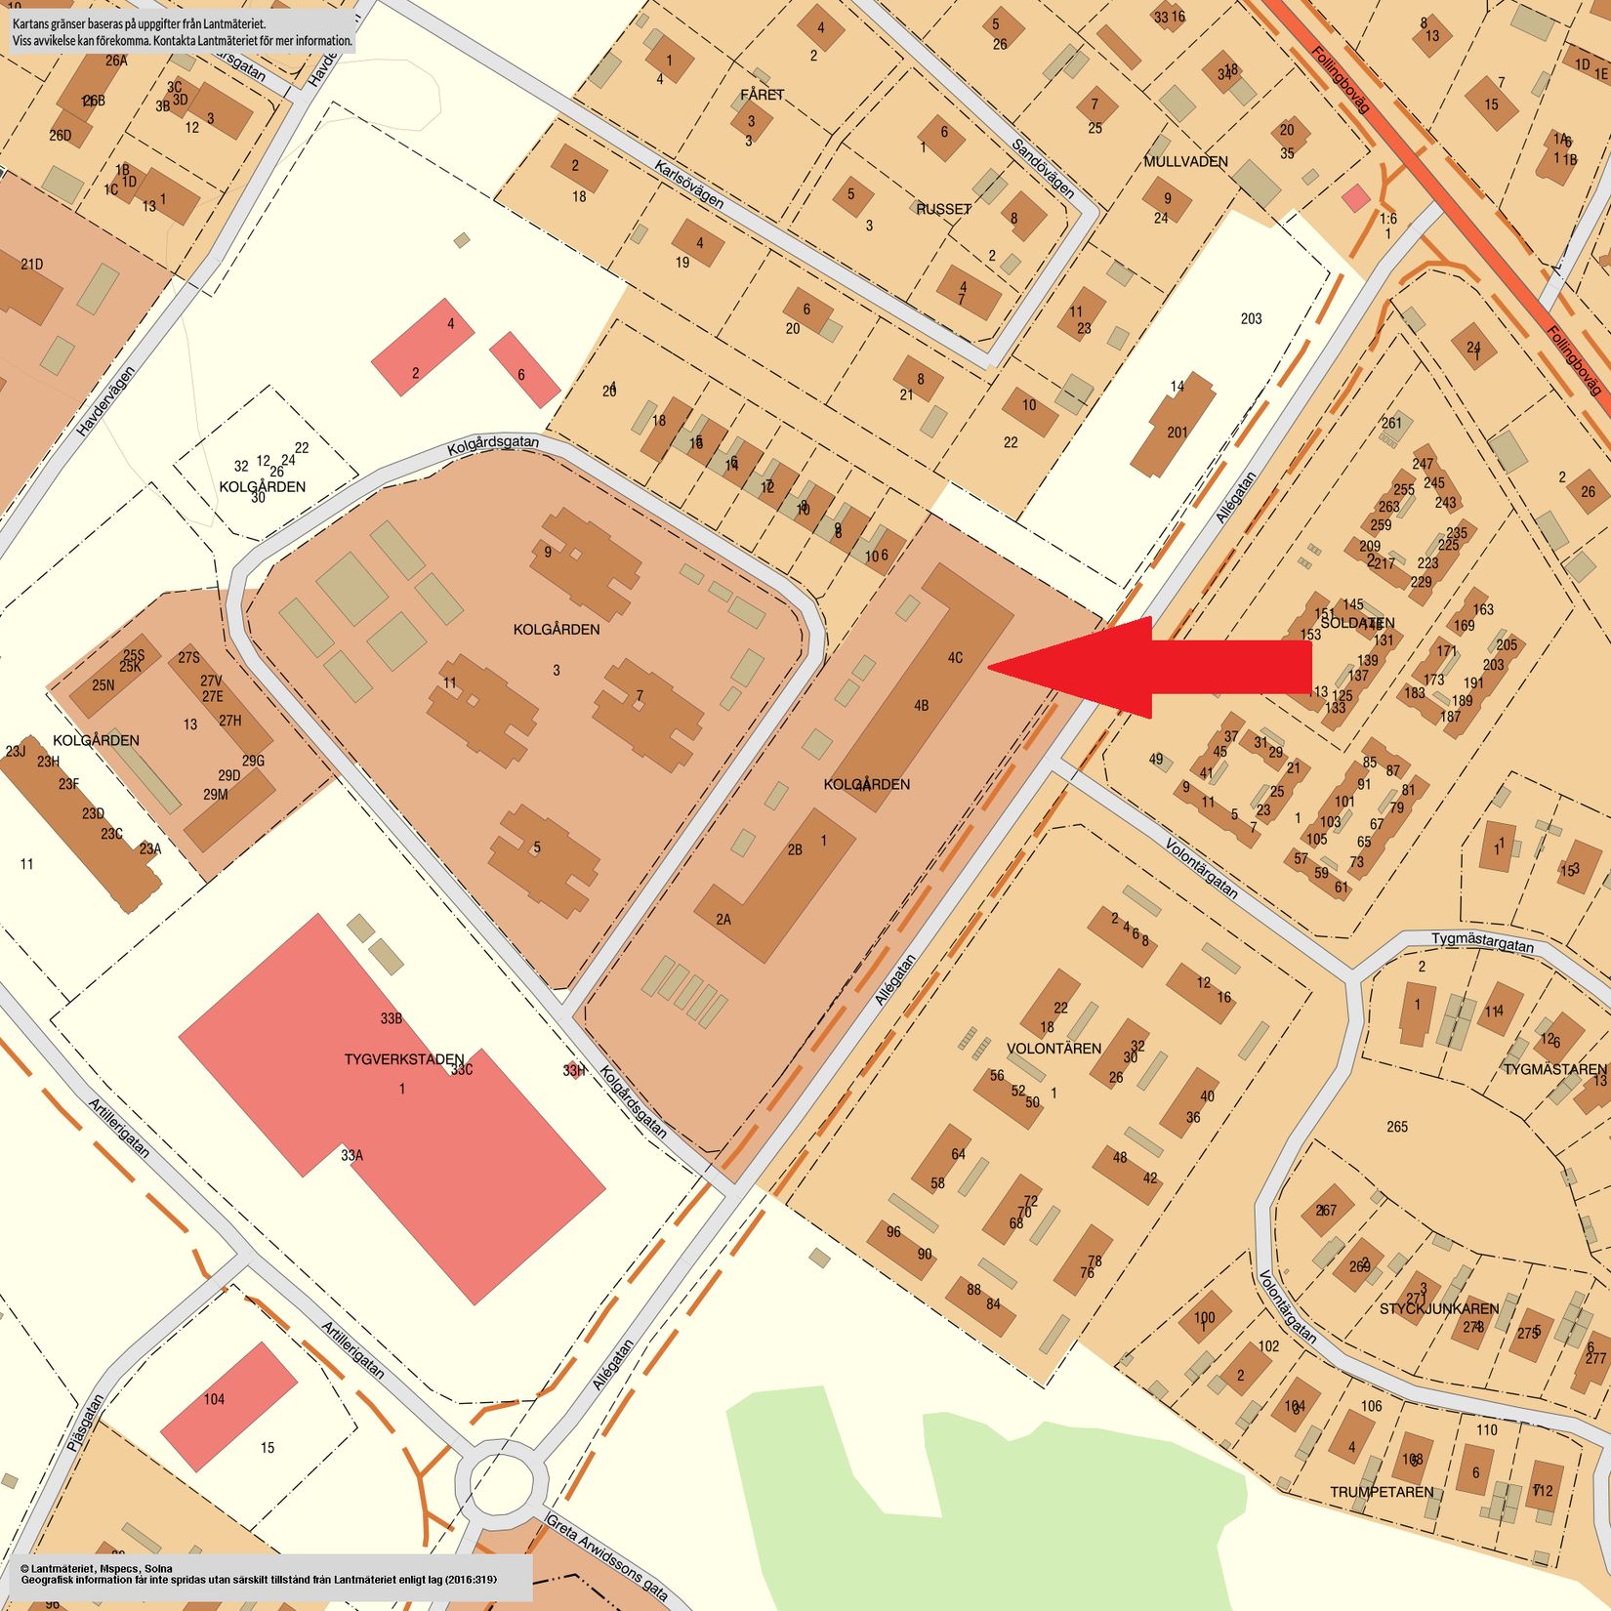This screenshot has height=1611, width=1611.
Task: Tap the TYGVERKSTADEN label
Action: pos(403,1059)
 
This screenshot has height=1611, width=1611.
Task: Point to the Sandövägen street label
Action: pos(1043,168)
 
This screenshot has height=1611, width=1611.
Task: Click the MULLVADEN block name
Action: pos(1185,162)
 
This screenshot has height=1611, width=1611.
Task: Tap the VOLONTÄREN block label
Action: pos(1053,1049)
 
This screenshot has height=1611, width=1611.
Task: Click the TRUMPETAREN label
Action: pos(1382,1492)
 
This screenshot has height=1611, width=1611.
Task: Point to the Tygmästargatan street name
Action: pos(1482,942)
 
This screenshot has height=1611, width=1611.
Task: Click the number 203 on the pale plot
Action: pos(1251,318)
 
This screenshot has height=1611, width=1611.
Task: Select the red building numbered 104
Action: pos(227,1406)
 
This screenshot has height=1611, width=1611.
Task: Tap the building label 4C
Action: pos(955,657)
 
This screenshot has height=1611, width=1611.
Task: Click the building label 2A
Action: pos(723,919)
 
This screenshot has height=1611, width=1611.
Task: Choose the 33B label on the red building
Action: pos(392,1018)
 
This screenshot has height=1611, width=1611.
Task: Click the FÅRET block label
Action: pos(762,95)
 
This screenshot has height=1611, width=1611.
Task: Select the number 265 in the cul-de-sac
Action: pos(1397,1127)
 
